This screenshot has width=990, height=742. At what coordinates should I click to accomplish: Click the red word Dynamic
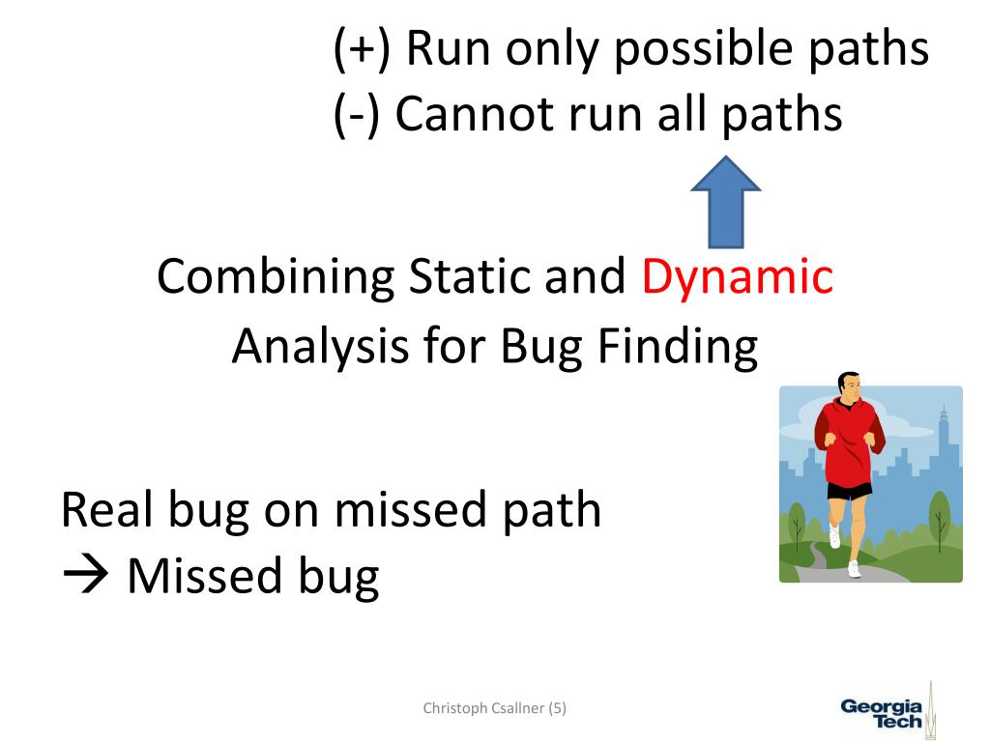point(738,277)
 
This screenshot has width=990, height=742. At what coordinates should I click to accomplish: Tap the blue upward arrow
point(726,202)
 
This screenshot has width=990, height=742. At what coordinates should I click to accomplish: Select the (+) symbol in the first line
point(362,49)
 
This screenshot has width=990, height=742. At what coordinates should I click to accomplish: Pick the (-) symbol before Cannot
point(357,116)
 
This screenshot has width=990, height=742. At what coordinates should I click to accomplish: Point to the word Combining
point(276,277)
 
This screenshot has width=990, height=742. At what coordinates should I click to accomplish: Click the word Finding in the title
point(678,347)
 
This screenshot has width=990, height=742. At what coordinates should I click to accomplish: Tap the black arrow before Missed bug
point(85,575)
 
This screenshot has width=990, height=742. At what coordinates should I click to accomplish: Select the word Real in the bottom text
point(107,509)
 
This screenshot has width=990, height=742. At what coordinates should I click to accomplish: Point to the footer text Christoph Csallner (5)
point(494,708)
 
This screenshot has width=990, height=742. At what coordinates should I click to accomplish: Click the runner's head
point(850,385)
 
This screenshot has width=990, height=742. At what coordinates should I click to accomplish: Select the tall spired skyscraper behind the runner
point(944,442)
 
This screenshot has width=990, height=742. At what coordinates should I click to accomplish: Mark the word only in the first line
point(551,49)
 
